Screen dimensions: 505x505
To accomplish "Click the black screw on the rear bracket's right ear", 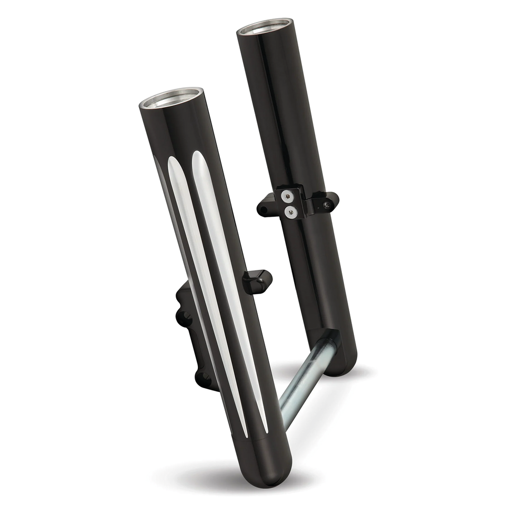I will tap(327, 203).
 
